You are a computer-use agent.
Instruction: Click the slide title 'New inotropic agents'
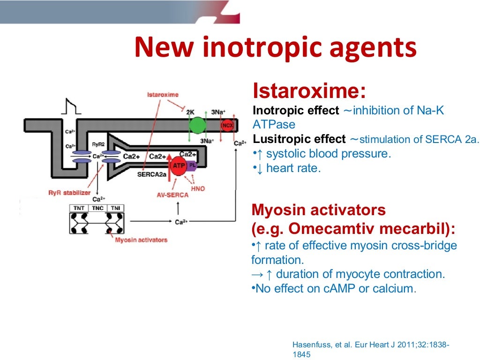[275, 48]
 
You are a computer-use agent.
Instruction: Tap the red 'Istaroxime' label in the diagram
[163, 95]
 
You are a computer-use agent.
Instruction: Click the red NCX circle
[228, 125]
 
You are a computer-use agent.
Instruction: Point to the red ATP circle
[179, 166]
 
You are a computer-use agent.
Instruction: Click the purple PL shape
[192, 165]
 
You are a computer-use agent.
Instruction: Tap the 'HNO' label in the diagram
[198, 188]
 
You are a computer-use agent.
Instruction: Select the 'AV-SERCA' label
[172, 195]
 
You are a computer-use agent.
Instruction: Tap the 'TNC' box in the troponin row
[98, 208]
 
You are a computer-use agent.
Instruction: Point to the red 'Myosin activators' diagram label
[141, 240]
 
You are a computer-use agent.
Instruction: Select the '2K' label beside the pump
[190, 112]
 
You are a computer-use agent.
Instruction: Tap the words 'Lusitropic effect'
[299, 139]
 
